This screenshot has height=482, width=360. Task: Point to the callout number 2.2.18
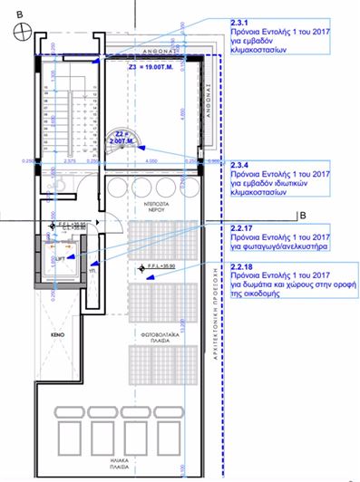[x=242, y=269]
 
